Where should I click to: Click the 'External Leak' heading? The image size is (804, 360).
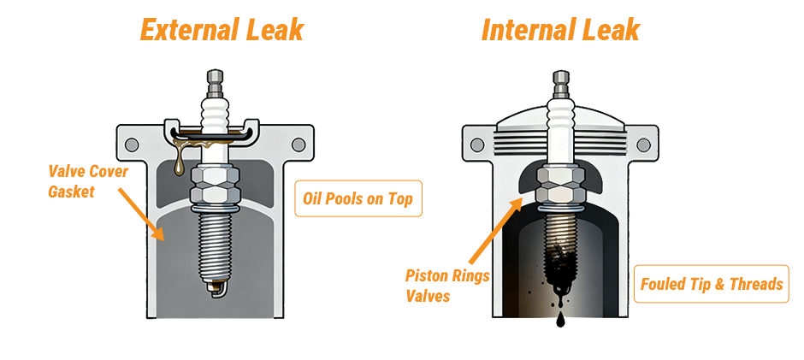coord(222,31)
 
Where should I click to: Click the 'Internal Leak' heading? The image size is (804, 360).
coord(560,31)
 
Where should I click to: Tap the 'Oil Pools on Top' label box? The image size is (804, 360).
coord(358,198)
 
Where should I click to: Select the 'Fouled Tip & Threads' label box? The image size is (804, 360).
coord(712,283)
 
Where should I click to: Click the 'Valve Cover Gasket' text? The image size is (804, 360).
coord(88,181)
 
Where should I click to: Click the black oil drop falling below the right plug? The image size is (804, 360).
coord(560,320)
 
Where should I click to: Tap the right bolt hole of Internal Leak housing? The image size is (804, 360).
coord(639,142)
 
